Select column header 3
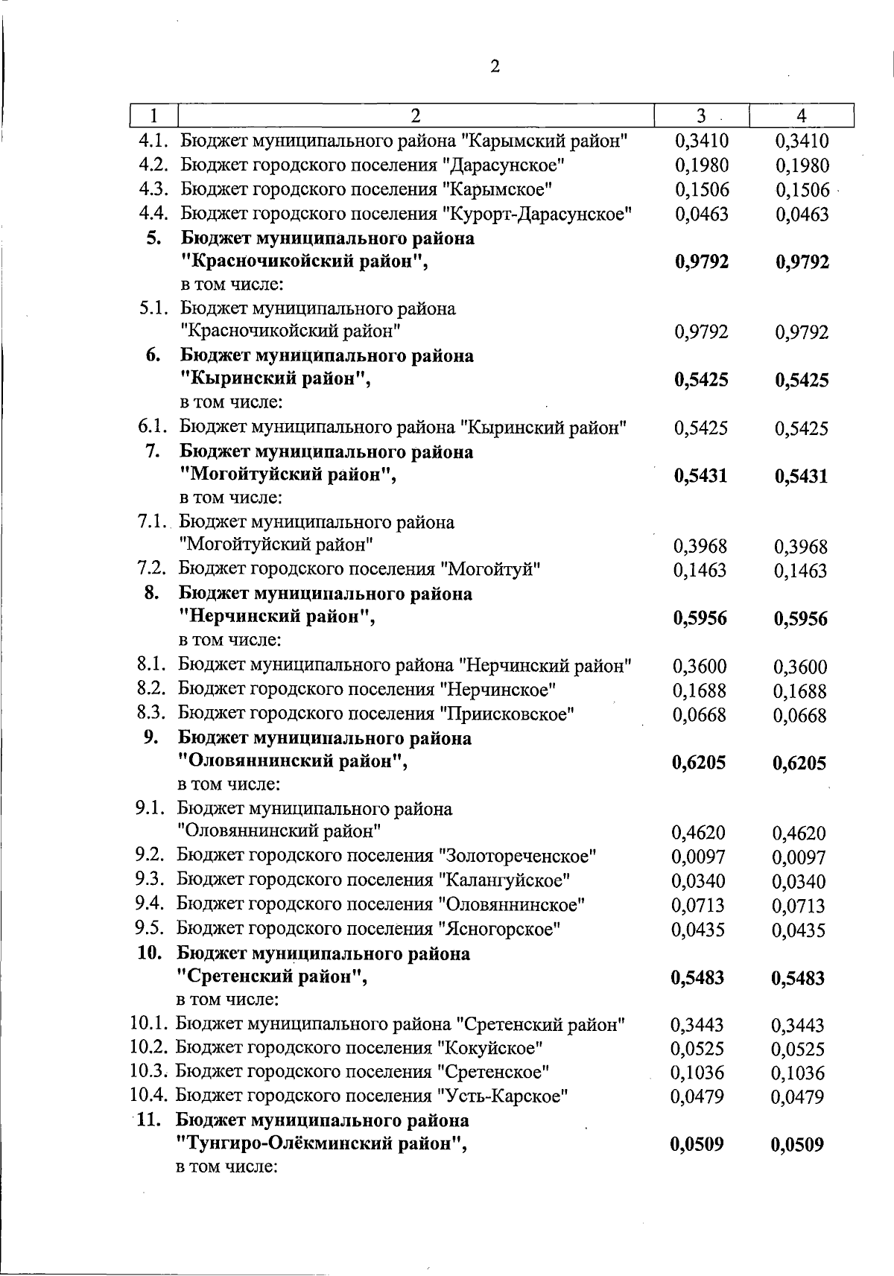701,115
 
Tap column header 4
801,115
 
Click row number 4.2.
154,165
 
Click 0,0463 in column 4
802,215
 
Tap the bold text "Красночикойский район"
304,261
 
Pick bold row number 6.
153,355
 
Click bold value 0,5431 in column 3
700,476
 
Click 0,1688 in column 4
800,691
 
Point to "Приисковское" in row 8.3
507,714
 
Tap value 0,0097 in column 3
699,857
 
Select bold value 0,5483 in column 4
799,978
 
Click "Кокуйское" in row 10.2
489,1048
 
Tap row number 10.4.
148,1096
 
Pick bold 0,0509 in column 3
697,1144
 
